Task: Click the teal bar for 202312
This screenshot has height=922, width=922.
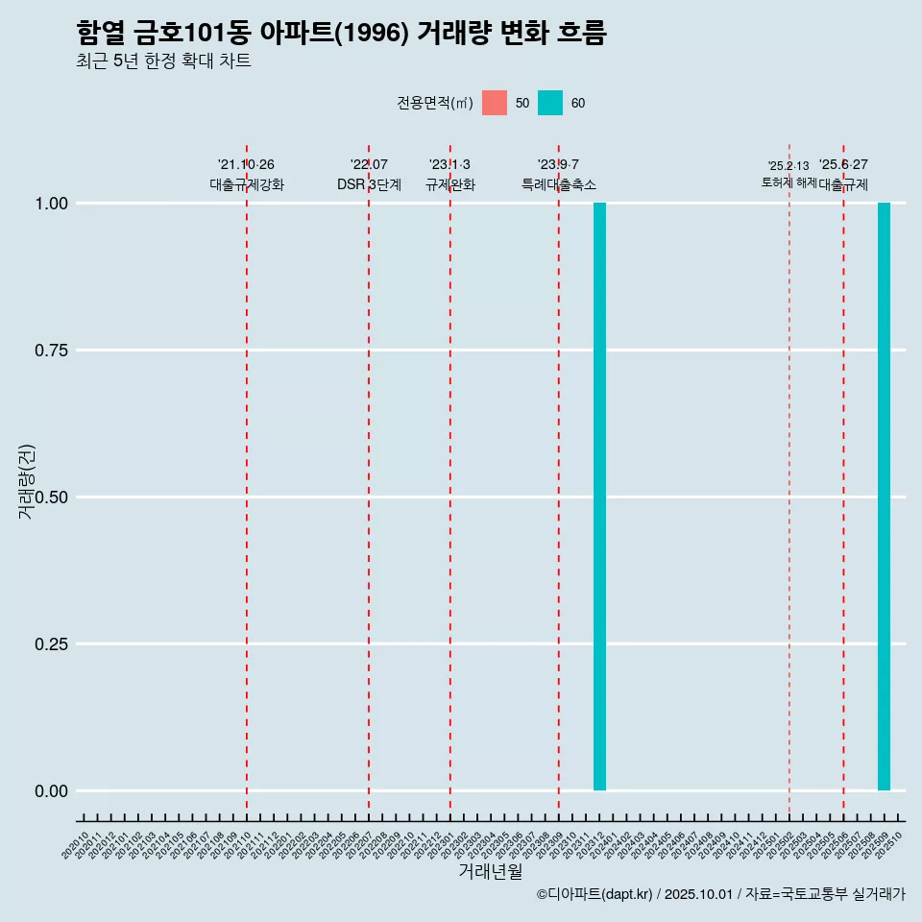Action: [x=599, y=497]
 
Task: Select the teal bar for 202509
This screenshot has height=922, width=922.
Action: [x=884, y=497]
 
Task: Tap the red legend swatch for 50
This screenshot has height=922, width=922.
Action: [x=495, y=103]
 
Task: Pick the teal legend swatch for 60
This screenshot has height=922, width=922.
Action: [x=550, y=103]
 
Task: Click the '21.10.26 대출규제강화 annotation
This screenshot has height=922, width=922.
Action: [x=247, y=175]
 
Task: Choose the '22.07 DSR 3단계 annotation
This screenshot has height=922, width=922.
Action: [x=369, y=175]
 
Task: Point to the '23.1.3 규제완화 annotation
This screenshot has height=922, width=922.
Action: [x=449, y=175]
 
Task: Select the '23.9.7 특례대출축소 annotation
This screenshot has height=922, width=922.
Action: [x=558, y=175]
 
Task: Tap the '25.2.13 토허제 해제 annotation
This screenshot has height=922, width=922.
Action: [x=789, y=174]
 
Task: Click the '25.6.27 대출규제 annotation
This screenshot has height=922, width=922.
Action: [x=843, y=175]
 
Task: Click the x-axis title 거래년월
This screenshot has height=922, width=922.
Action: [x=490, y=872]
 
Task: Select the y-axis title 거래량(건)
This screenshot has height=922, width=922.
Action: [x=26, y=481]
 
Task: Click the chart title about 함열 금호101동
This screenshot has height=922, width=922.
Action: [x=341, y=33]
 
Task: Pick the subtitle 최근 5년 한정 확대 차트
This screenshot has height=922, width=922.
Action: [x=163, y=61]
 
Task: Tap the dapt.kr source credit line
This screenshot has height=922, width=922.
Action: [x=720, y=894]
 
